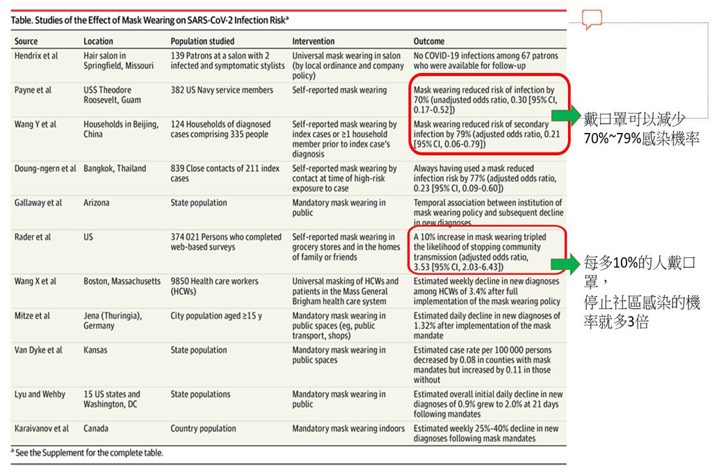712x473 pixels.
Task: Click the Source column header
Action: [x=26, y=41]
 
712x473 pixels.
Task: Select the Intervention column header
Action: [x=313, y=41]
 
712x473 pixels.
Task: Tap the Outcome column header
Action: [x=429, y=41]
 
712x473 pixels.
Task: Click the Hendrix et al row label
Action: [x=36, y=56]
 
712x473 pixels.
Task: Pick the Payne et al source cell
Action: [x=33, y=90]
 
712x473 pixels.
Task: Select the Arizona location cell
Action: [x=99, y=203]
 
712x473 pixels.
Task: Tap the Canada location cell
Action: [x=96, y=428]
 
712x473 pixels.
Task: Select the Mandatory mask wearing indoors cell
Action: [x=348, y=428]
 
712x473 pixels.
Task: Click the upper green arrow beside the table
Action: [x=565, y=115]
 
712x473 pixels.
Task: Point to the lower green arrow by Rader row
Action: [x=565, y=264]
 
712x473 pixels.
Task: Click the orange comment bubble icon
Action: [x=592, y=19]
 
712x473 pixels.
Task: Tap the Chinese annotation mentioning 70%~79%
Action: [x=641, y=130]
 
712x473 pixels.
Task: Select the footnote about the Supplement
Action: [x=88, y=453]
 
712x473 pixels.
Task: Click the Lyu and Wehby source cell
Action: [x=40, y=394]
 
